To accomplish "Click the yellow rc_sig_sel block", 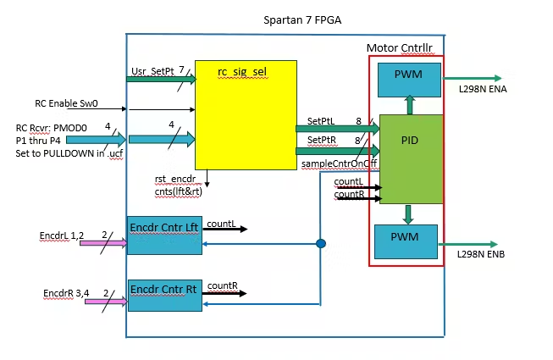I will click(246, 114).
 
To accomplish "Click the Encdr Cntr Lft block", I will click(164, 235).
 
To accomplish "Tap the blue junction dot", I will click(321, 244).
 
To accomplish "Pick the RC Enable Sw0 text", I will click(66, 103).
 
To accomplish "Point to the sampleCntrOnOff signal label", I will click(339, 163).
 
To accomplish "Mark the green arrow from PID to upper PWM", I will click(410, 104).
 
